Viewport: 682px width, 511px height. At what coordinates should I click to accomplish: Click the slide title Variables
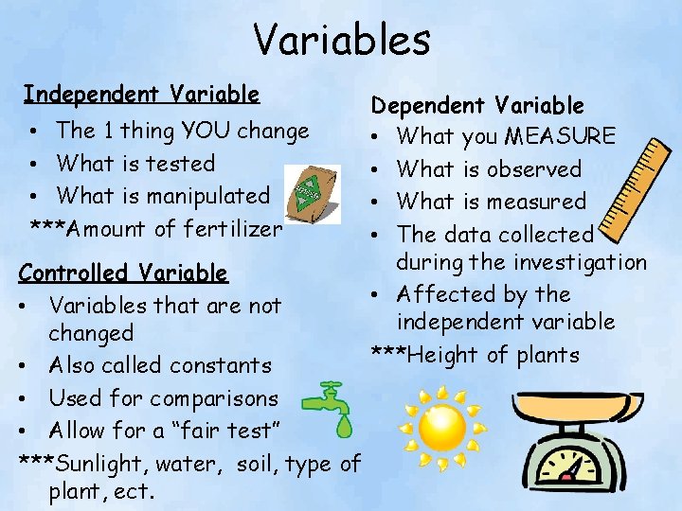[x=341, y=40]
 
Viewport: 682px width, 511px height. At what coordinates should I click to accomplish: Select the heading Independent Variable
[x=141, y=94]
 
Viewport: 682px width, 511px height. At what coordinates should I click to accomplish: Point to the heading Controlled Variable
[x=123, y=273]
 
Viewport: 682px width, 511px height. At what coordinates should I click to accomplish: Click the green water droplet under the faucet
[x=344, y=428]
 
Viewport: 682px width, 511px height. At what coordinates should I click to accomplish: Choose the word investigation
[x=578, y=262]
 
